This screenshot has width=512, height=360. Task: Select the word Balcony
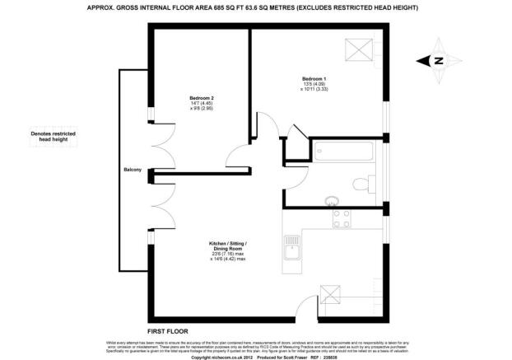pyautogui.click(x=133, y=170)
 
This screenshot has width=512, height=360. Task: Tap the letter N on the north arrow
pyautogui.click(x=439, y=60)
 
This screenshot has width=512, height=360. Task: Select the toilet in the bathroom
pyautogui.click(x=367, y=180)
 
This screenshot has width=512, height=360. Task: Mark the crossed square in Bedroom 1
pyautogui.click(x=361, y=50)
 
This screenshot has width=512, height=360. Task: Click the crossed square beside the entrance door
pyautogui.click(x=329, y=294)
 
